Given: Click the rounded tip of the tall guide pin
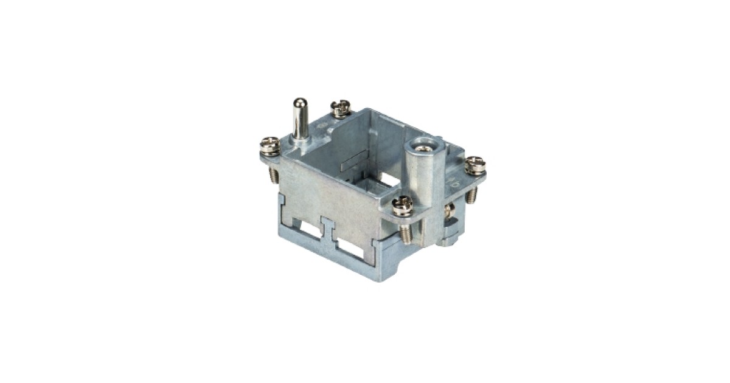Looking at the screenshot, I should coord(299,103).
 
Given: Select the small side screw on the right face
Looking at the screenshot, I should coord(448,212).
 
